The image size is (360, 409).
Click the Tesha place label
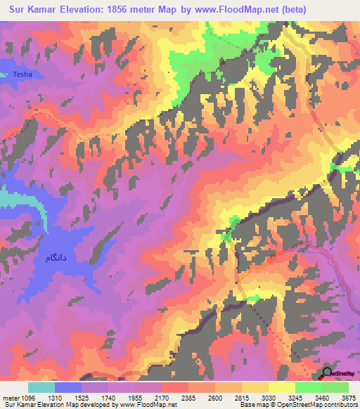coord(22,74)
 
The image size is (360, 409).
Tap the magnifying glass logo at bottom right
coord(328,372)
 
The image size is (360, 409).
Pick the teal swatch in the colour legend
coord(41,387)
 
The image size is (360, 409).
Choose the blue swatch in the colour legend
coord(68,387)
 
